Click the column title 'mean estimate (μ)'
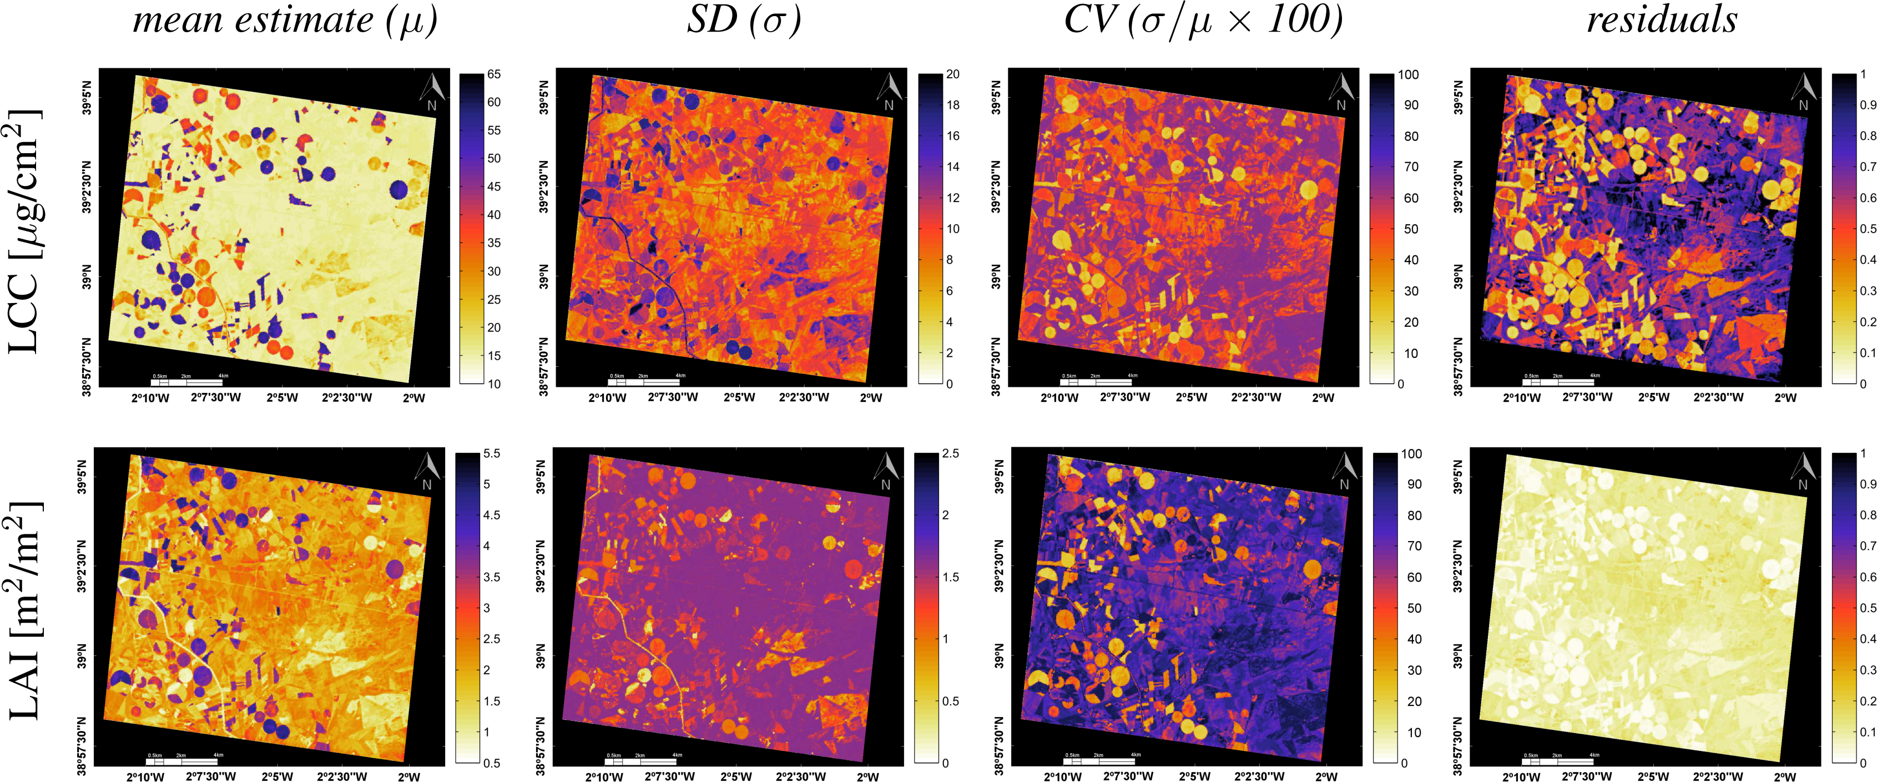[x=285, y=21]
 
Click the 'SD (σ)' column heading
[x=743, y=21]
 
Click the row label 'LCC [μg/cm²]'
[x=25, y=232]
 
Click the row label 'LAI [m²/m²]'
[x=25, y=611]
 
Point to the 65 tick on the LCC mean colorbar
[x=494, y=74]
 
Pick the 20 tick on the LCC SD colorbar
[x=952, y=74]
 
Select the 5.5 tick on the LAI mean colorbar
[x=492, y=453]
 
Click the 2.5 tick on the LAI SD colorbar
[x=950, y=453]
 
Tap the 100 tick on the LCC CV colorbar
[x=1407, y=74]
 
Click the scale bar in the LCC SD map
[x=643, y=381]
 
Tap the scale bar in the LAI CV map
[x=1099, y=760]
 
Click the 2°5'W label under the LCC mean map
[x=282, y=398]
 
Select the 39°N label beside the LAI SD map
[x=541, y=656]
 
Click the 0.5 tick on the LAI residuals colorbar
[x=1868, y=608]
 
